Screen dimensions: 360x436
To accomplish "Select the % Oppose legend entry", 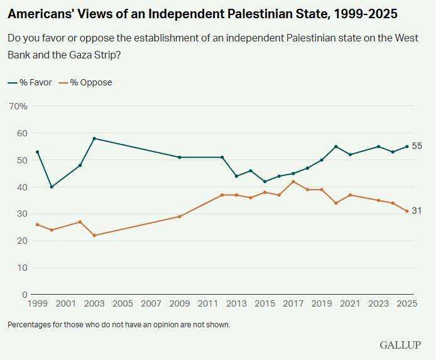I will [85, 82].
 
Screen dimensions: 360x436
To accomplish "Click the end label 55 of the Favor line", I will [417, 146].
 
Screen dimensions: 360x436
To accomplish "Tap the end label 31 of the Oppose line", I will [417, 211].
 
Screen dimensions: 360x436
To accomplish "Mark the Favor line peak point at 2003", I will [94, 138].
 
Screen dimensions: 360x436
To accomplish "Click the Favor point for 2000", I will [52, 187].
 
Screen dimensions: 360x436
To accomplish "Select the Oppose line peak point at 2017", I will [293, 182].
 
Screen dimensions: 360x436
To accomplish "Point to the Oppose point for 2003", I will [94, 235].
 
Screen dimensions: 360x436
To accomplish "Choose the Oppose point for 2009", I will [180, 216].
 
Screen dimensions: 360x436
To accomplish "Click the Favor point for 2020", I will [336, 146].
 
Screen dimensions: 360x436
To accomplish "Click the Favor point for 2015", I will [265, 182].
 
